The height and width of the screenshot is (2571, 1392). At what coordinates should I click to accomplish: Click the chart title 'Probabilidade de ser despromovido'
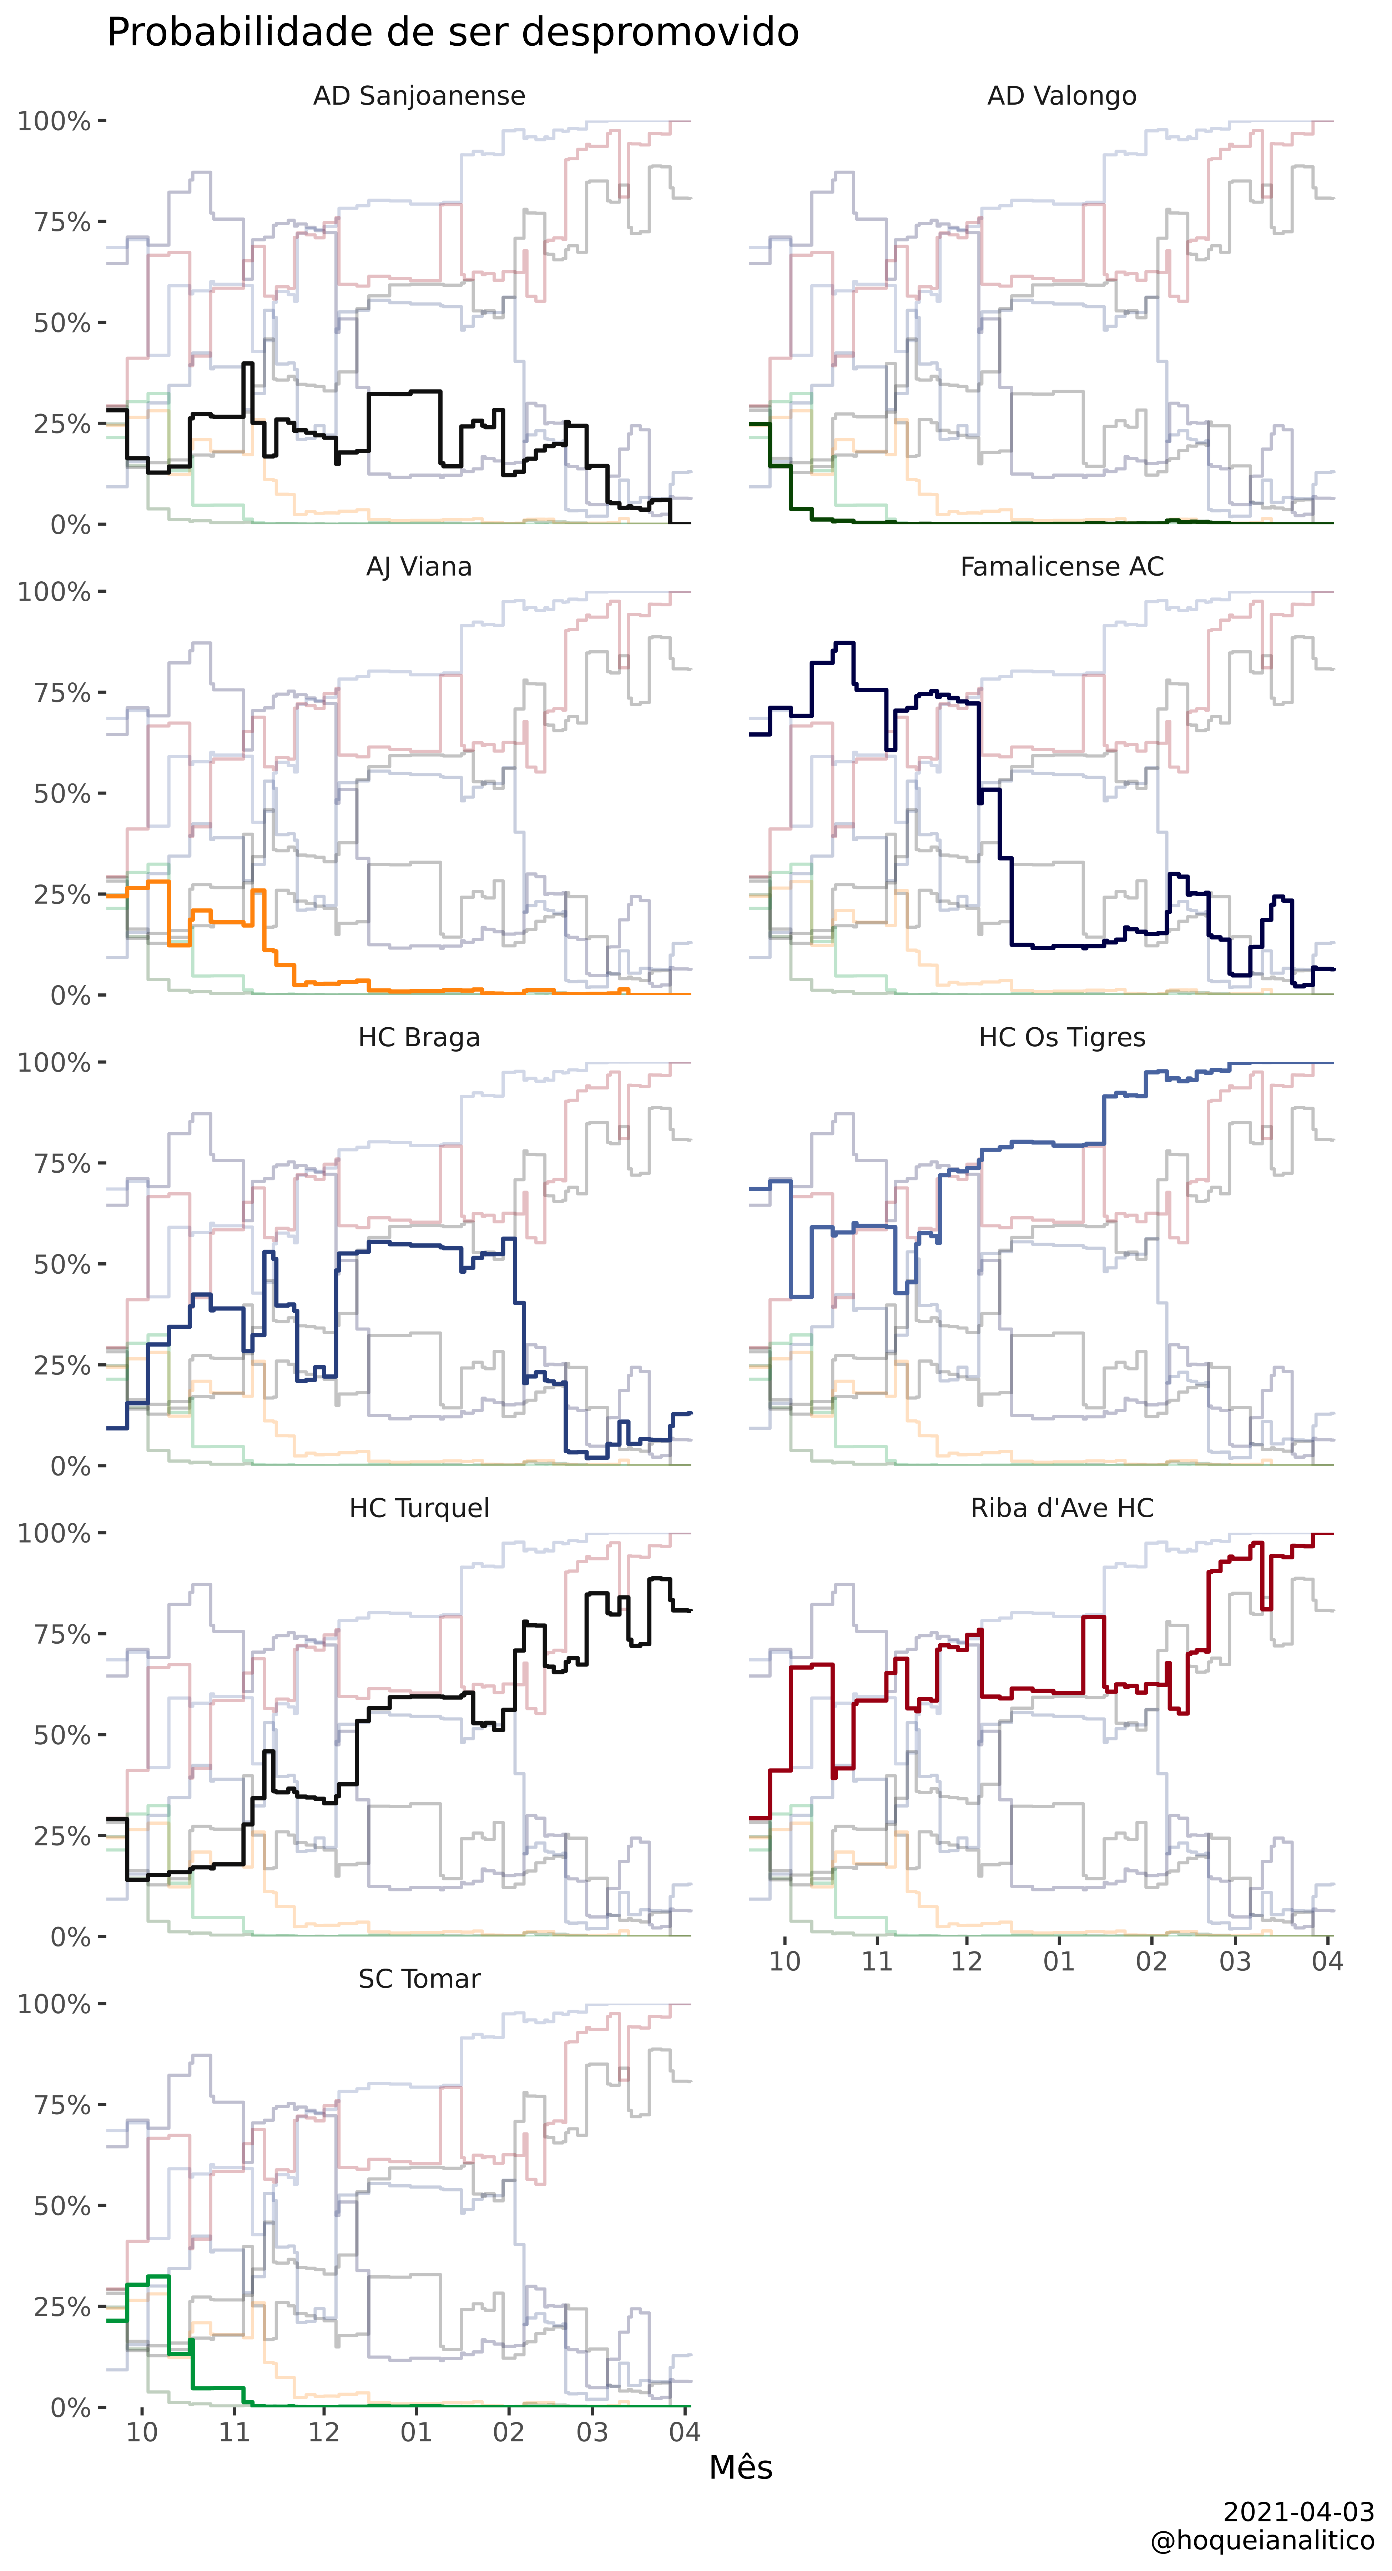pos(453,33)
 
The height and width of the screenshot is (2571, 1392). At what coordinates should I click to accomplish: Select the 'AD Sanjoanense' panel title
pos(419,96)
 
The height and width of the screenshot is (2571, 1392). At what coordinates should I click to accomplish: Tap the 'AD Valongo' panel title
pos(1062,96)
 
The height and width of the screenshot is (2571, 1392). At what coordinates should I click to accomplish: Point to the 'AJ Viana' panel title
pos(419,567)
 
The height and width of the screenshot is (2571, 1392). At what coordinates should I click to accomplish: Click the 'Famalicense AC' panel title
pos(1062,567)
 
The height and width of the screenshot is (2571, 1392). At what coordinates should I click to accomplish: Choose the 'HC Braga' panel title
pos(419,1038)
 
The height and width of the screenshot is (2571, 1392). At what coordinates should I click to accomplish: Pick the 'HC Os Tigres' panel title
pos(1062,1038)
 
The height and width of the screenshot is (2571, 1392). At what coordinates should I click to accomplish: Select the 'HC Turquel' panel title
pos(419,1508)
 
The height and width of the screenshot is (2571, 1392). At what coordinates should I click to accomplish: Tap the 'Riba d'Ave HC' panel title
pos(1062,1508)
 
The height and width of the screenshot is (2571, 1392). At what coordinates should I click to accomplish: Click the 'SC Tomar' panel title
pos(419,1979)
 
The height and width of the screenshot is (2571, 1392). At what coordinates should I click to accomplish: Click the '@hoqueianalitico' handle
pos(1262,2541)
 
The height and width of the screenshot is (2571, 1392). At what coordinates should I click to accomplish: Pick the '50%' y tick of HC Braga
pos(62,1264)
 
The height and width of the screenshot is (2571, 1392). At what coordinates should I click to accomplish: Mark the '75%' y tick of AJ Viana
pos(62,693)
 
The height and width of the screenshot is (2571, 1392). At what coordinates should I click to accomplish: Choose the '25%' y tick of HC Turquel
pos(62,1836)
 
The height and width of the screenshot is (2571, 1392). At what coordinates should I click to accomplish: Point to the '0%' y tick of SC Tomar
pos(71,2408)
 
